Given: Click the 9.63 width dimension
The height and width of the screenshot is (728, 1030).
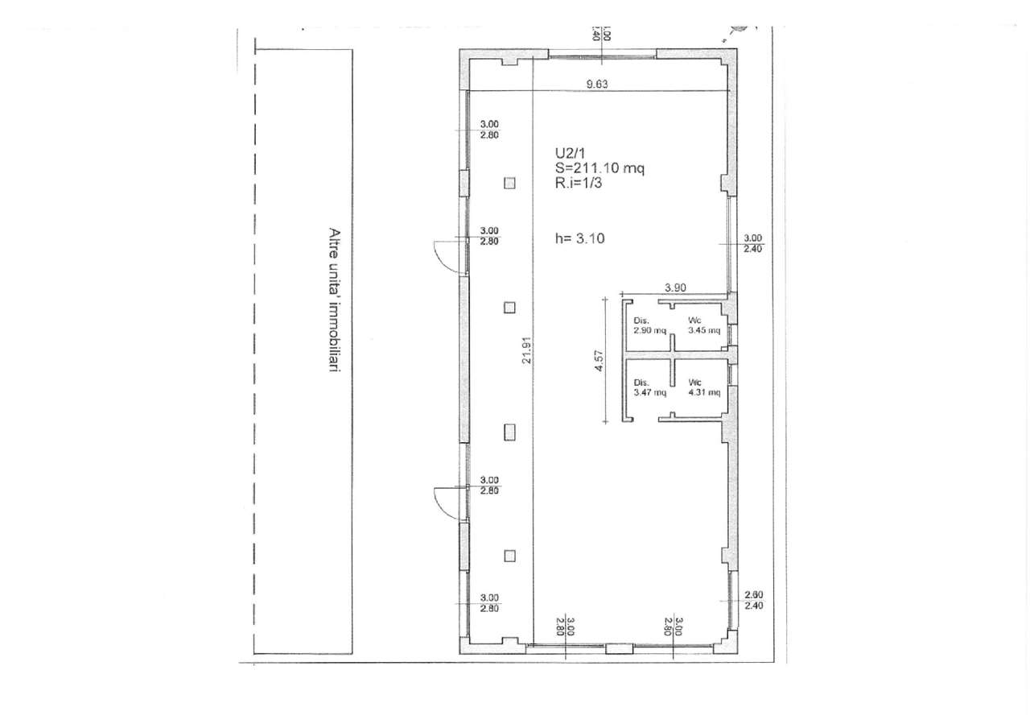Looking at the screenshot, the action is [597, 85].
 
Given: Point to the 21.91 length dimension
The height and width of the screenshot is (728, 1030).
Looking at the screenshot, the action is [527, 350].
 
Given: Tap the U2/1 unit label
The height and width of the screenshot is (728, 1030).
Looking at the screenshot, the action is [570, 153].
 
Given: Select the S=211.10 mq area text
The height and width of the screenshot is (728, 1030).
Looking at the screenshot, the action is [599, 168].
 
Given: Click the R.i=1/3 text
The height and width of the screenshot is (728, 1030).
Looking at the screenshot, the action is [579, 183].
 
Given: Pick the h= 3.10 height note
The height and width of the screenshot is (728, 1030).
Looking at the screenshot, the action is [580, 238].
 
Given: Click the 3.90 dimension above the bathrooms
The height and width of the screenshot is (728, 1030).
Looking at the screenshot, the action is [675, 287].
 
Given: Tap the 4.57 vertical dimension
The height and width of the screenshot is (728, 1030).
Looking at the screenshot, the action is [598, 361].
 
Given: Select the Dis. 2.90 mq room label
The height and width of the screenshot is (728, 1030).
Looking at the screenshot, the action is [649, 325].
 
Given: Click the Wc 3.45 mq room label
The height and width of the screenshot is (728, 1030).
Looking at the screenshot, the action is [704, 325].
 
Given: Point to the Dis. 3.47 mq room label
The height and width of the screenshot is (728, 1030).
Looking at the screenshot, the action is [649, 387].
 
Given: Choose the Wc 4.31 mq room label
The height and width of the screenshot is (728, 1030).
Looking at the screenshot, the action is [704, 387].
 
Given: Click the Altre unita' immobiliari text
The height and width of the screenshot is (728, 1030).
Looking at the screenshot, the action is [335, 300].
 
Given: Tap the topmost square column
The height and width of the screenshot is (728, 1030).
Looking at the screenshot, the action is [509, 183].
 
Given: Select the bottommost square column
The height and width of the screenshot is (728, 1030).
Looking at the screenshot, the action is [509, 556].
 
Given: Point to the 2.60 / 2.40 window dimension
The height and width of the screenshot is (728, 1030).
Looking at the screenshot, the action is [754, 601].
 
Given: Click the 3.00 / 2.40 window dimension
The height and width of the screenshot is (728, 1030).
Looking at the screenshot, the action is [752, 243].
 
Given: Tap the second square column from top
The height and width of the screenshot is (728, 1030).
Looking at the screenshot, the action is [509, 308].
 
